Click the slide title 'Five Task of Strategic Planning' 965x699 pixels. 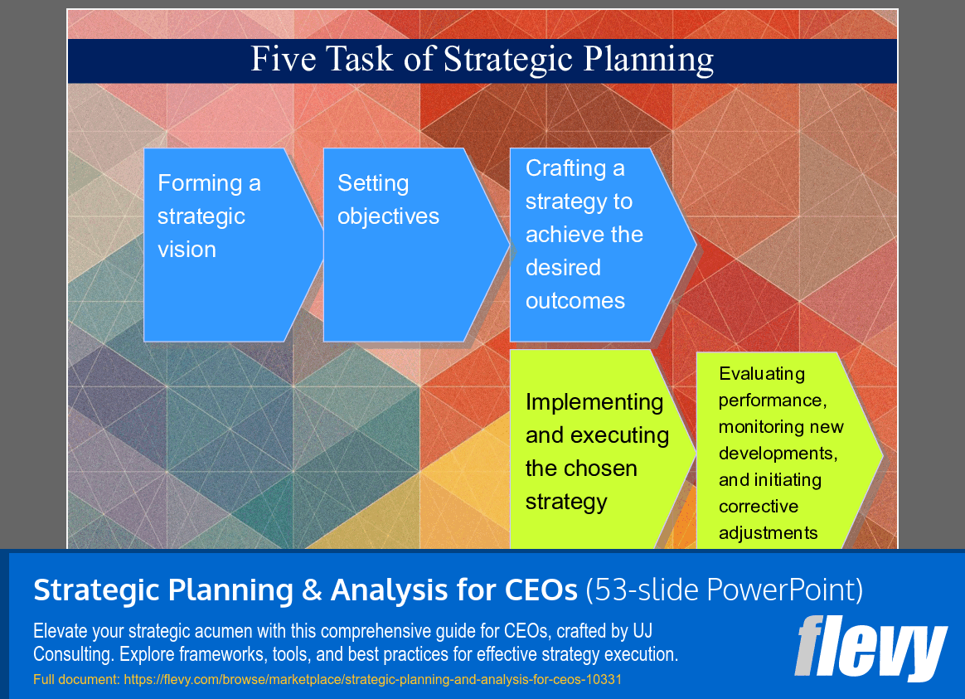click(x=482, y=61)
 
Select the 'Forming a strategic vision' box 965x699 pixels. click(x=224, y=245)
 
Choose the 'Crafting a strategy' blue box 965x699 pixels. click(x=593, y=245)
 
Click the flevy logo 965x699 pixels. click(x=870, y=648)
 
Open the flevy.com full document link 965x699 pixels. click(x=373, y=680)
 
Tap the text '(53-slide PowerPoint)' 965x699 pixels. click(x=724, y=590)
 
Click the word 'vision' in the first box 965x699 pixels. click(x=187, y=250)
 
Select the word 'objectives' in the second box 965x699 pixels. click(x=388, y=216)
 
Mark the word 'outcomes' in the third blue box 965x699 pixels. click(x=575, y=301)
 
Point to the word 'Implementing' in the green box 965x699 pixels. click(x=594, y=402)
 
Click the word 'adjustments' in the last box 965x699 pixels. click(x=768, y=533)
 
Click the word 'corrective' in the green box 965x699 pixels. click(x=758, y=507)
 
